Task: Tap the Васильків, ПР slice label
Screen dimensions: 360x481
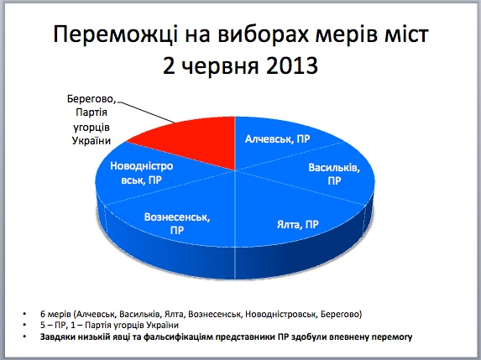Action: [x=334, y=174]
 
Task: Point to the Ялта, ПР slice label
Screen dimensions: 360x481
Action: [x=298, y=224]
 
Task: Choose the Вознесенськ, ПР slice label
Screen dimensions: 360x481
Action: [x=177, y=222]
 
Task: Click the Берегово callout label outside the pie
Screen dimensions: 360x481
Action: [x=91, y=119]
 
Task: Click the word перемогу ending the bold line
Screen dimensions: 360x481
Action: [x=396, y=337]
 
